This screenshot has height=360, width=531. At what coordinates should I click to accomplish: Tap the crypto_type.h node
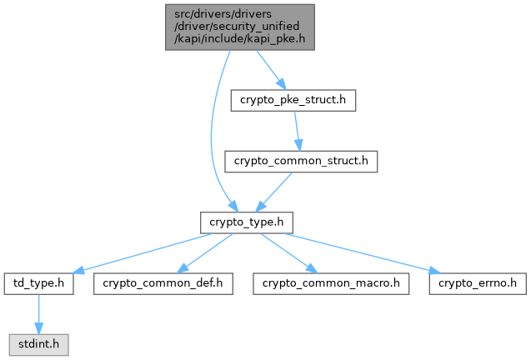[x=246, y=222]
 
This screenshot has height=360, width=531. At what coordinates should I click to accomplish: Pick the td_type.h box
[x=38, y=282]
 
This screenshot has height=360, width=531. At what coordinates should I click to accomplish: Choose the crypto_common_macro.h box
[x=331, y=282]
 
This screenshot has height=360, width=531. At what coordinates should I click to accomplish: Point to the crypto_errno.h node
[x=478, y=282]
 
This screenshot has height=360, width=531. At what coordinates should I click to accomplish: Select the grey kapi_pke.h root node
[x=239, y=26]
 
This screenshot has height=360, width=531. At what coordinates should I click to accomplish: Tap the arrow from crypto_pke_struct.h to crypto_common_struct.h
[x=297, y=131]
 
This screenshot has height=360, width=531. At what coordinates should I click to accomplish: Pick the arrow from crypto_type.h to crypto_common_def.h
[x=206, y=252]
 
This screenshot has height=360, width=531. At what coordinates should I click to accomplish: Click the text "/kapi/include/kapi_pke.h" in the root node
[x=239, y=37]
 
